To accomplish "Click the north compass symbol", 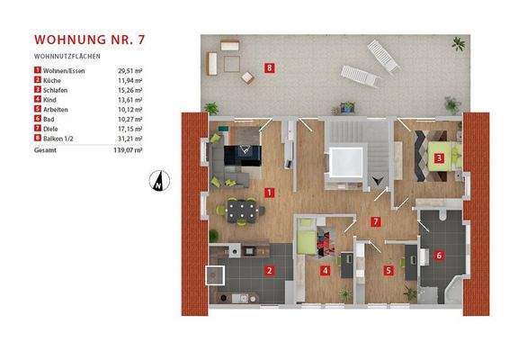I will pos(156,179).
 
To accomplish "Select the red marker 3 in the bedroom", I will pos(438,160).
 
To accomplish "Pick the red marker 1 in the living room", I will pos(270,192).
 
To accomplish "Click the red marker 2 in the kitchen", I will pos(269,269).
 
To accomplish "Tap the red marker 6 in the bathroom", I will pos(438,255).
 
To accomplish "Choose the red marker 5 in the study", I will pos(388,269).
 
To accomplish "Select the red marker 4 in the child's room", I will pos(325,269).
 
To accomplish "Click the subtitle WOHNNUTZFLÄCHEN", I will pos(66,56).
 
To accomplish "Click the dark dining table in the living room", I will pos(243,212).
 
